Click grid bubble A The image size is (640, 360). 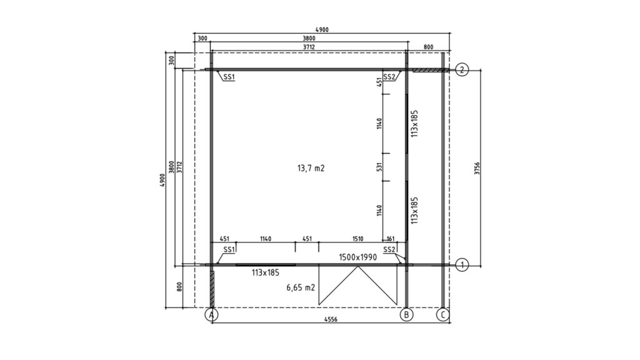tap(211, 315)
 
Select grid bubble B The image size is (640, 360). tap(406, 315)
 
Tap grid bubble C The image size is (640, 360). tap(443, 315)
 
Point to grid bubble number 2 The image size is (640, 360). tap(462, 70)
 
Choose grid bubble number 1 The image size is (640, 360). tap(462, 265)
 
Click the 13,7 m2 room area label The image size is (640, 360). tap(311, 168)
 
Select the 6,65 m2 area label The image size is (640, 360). tap(301, 287)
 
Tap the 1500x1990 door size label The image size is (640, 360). tap(358, 257)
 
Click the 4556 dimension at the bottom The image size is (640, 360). tap(331, 319)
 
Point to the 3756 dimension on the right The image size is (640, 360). tap(477, 168)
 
